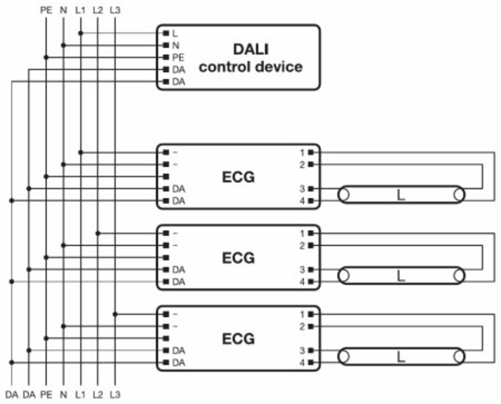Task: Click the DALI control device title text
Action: (250, 58)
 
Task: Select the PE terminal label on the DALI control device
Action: (178, 57)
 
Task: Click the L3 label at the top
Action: (115, 10)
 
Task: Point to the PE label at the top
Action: (46, 10)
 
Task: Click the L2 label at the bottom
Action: (98, 395)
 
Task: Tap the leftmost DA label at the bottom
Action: (12, 395)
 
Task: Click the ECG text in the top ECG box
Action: (238, 177)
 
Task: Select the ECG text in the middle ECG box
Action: (238, 258)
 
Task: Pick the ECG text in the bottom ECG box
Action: (238, 339)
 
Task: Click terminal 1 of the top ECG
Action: (311, 152)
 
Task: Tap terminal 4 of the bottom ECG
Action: (311, 363)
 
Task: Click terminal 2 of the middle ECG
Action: (311, 245)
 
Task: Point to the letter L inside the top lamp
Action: (401, 195)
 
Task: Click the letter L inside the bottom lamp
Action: (401, 357)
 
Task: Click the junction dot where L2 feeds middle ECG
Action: (98, 233)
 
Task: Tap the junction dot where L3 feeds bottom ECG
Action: (115, 314)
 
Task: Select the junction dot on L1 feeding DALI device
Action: (81, 33)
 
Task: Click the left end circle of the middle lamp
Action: (344, 276)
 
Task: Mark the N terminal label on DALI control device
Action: (176, 45)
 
